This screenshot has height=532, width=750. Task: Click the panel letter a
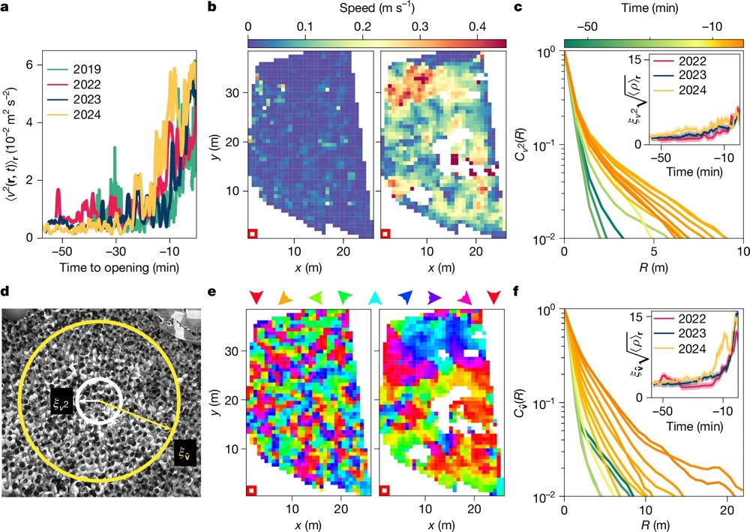click(x=7, y=8)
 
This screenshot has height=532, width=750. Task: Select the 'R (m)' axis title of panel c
click(x=653, y=268)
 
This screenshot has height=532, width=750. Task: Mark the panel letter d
click(x=7, y=289)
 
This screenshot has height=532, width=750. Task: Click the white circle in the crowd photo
click(x=97, y=401)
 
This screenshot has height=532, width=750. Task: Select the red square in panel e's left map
click(x=252, y=490)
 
